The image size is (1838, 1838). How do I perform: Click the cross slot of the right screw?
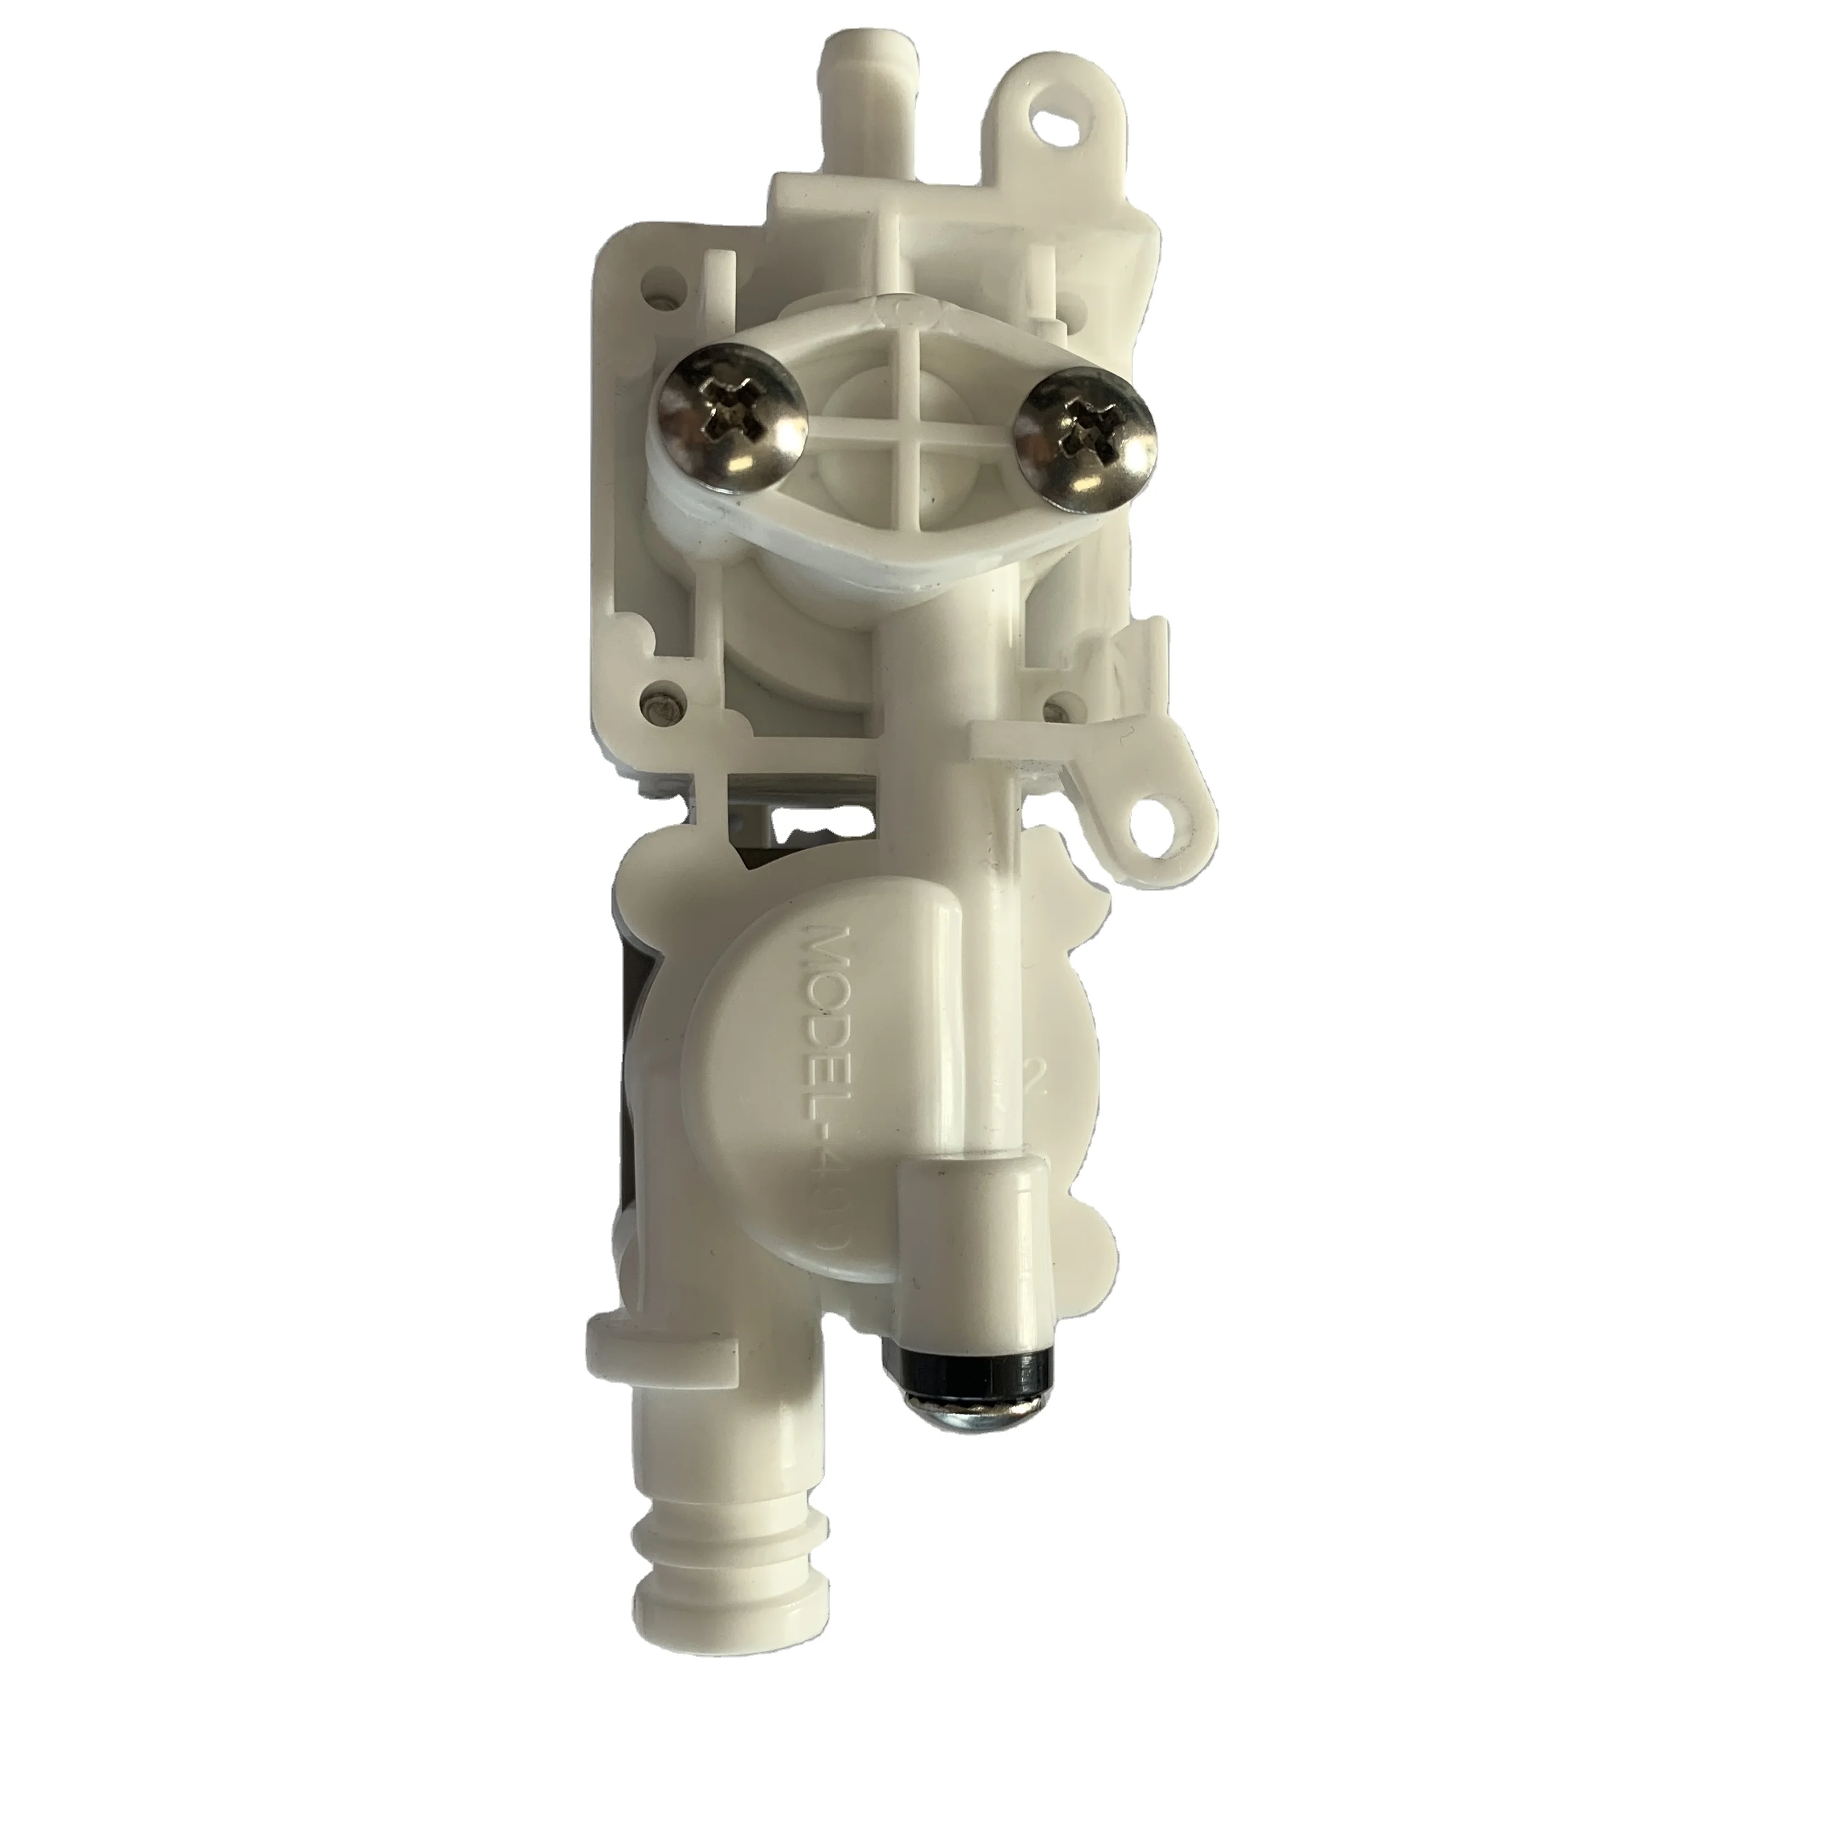1082,438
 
